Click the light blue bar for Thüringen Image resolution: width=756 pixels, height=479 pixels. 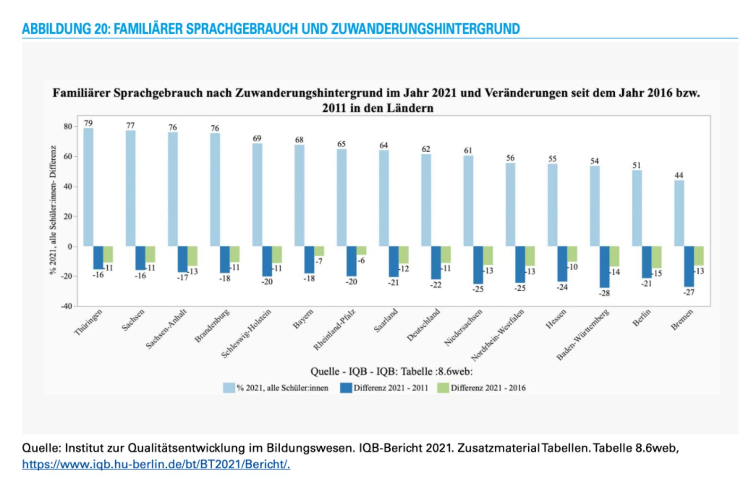pyautogui.click(x=88, y=187)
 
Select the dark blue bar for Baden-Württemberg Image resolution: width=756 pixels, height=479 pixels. pyautogui.click(x=604, y=267)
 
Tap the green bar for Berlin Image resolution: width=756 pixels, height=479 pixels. pyautogui.click(x=656, y=257)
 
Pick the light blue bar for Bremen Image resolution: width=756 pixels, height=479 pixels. pyautogui.click(x=679, y=213)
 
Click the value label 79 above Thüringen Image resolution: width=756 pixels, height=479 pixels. pyautogui.click(x=88, y=123)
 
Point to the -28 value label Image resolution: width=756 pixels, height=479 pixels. pyautogui.click(x=604, y=293)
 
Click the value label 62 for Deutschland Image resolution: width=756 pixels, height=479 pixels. pyautogui.click(x=426, y=149)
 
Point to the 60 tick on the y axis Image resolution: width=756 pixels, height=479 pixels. pyautogui.click(x=68, y=157)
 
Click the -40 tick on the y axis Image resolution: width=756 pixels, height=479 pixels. pyautogui.click(x=67, y=306)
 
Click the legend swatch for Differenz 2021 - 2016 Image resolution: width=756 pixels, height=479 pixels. pyautogui.click(x=443, y=388)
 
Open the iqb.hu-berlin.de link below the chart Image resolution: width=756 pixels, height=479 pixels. pyautogui.click(x=156, y=464)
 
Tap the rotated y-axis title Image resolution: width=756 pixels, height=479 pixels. pyautogui.click(x=53, y=209)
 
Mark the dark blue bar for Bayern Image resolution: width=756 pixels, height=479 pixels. pyautogui.click(x=309, y=260)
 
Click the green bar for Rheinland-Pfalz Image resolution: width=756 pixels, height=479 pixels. pyautogui.click(x=361, y=251)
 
